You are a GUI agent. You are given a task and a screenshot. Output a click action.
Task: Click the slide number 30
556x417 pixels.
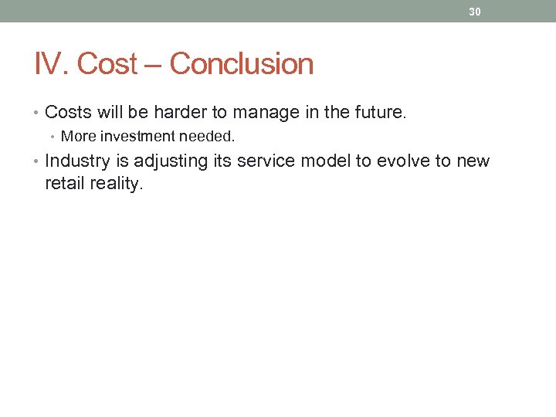coord(475,12)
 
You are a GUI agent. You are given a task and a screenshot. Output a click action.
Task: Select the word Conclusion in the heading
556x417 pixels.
coord(242,64)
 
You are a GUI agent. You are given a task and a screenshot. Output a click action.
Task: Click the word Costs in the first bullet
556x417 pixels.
coord(68,113)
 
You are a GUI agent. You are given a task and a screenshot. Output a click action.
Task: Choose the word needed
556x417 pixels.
coord(206,137)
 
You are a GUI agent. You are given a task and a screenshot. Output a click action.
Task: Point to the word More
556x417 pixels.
coord(77,137)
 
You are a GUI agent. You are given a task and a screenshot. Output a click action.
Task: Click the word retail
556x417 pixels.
coord(66,185)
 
